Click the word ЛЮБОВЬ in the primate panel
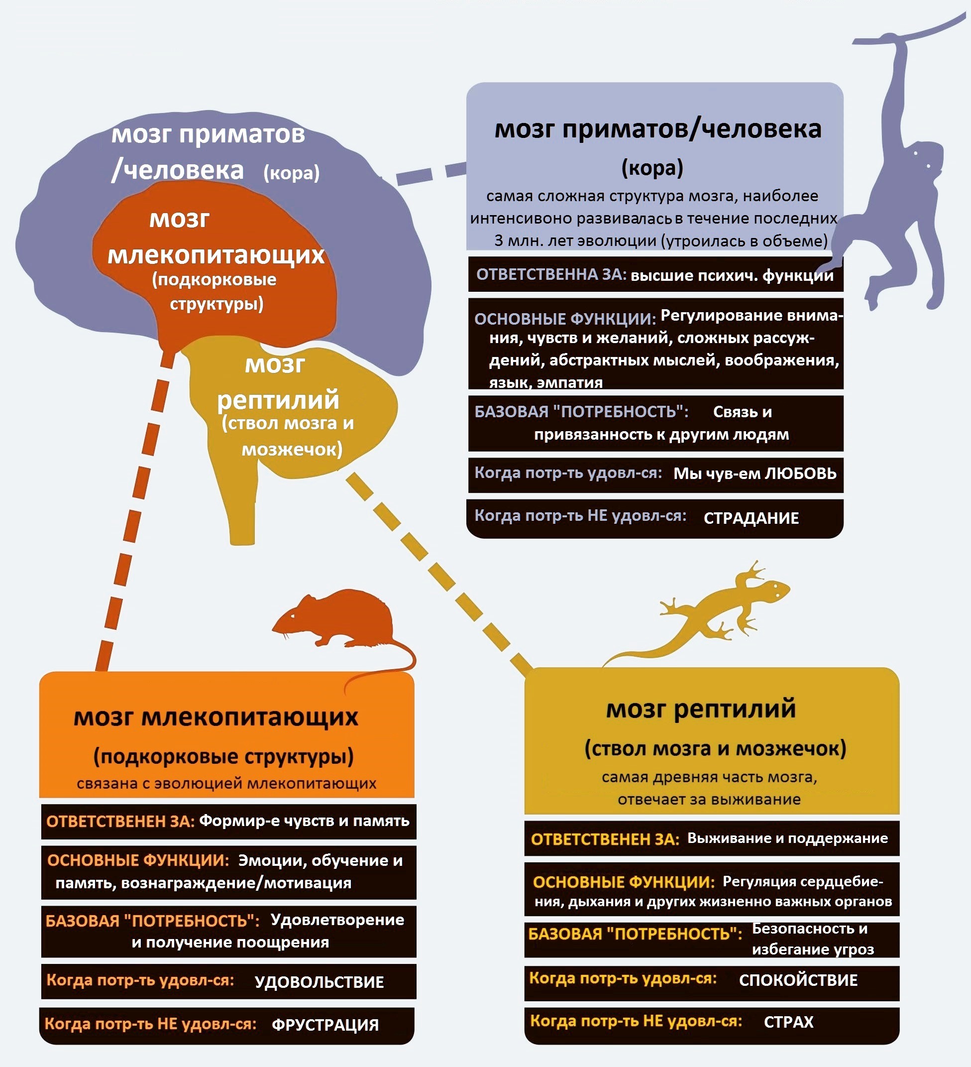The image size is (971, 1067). pyautogui.click(x=800, y=473)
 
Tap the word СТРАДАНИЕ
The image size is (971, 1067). pyautogui.click(x=751, y=518)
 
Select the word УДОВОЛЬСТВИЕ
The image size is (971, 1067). pyautogui.click(x=319, y=982)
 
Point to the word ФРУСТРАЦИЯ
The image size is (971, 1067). pyautogui.click(x=325, y=1025)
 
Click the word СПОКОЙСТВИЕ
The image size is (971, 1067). pyautogui.click(x=798, y=980)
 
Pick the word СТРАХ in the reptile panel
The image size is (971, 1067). pyautogui.click(x=788, y=1022)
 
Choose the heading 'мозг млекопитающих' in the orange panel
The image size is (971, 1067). pyautogui.click(x=216, y=717)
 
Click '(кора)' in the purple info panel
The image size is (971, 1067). pyautogui.click(x=652, y=168)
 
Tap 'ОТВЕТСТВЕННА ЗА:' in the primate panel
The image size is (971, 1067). pyautogui.click(x=551, y=274)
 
